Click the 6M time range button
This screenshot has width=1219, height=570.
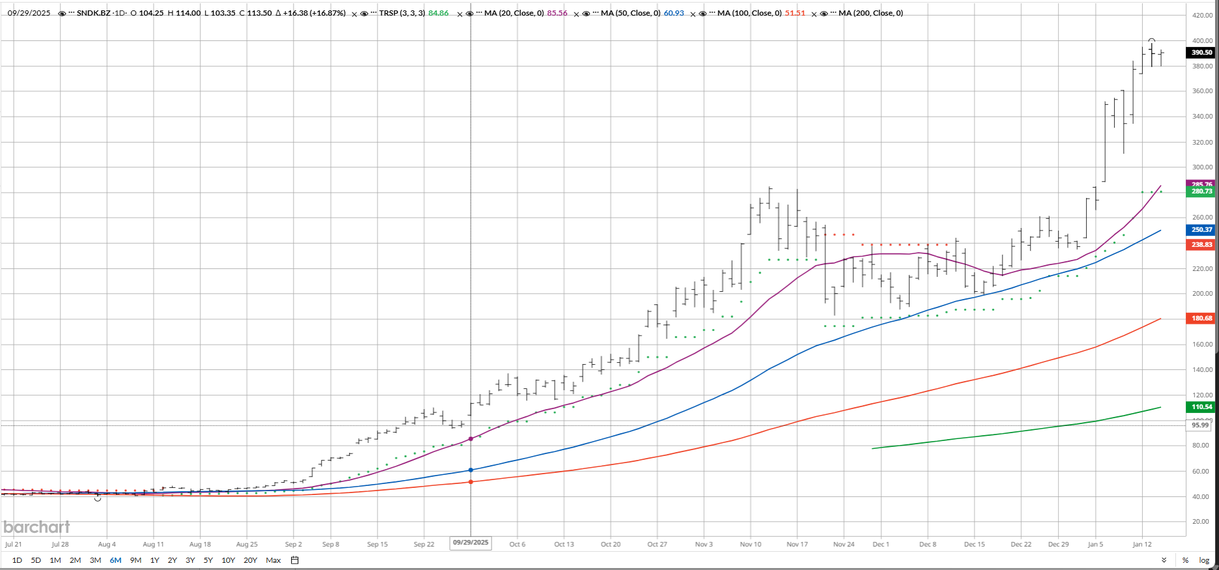click(115, 560)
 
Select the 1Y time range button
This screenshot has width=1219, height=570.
click(154, 560)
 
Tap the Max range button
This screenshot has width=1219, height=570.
click(273, 560)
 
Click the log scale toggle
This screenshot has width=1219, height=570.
click(1204, 560)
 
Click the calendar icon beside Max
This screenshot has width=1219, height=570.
click(294, 560)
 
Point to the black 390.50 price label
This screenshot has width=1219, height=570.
click(1201, 53)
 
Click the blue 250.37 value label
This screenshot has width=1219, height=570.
click(1201, 230)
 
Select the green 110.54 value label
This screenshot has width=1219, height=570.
click(1201, 407)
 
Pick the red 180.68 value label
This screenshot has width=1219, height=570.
click(1201, 319)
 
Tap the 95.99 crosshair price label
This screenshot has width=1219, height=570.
click(1199, 425)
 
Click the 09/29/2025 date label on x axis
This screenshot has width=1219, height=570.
click(471, 543)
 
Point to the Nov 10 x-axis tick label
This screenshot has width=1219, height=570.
click(750, 544)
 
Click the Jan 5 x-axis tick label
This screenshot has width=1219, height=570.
click(1095, 544)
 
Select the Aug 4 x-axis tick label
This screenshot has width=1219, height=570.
click(107, 544)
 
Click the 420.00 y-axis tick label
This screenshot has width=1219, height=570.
click(1202, 16)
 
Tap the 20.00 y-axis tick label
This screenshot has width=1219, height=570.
click(1202, 522)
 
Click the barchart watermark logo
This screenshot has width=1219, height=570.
click(36, 527)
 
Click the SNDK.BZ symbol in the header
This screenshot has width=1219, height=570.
click(92, 13)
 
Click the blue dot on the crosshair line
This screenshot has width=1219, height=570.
click(471, 470)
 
